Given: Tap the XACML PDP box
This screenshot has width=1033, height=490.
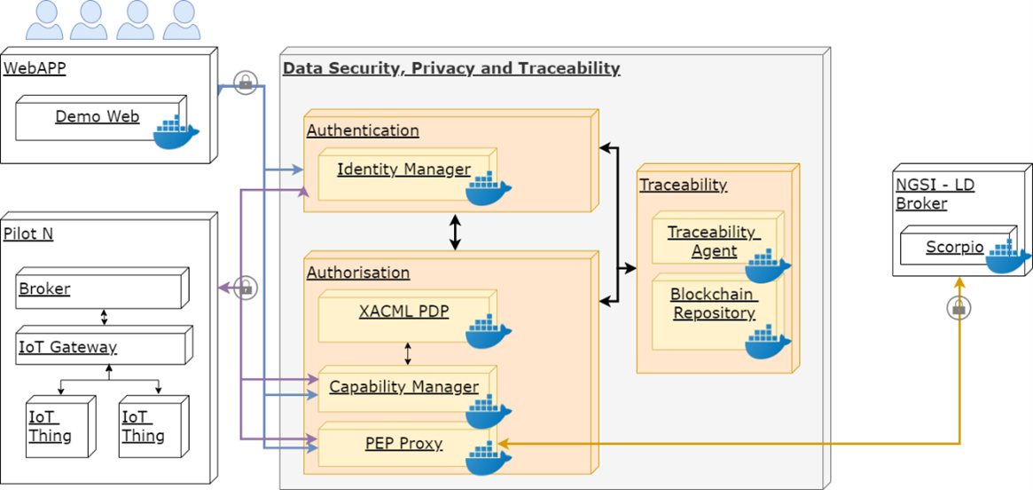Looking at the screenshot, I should coord(403,312).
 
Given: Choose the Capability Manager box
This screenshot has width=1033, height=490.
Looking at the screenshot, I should coord(403,388).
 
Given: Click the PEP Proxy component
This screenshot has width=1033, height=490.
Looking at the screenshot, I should coord(403,444).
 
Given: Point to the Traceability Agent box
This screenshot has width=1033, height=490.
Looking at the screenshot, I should coord(714,241).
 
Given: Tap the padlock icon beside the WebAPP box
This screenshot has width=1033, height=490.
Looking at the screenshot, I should coord(245,83).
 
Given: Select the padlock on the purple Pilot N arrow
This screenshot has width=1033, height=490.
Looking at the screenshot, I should coord(246,288).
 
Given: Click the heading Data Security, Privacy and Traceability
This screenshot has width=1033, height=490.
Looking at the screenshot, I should coord(451,68).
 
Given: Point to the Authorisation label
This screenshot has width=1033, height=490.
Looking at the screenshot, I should coord(358,273).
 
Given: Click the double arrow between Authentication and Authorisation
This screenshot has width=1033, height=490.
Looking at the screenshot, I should coord(455,232).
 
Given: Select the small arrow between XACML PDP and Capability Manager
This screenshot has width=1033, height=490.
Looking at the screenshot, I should coord(408,353).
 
